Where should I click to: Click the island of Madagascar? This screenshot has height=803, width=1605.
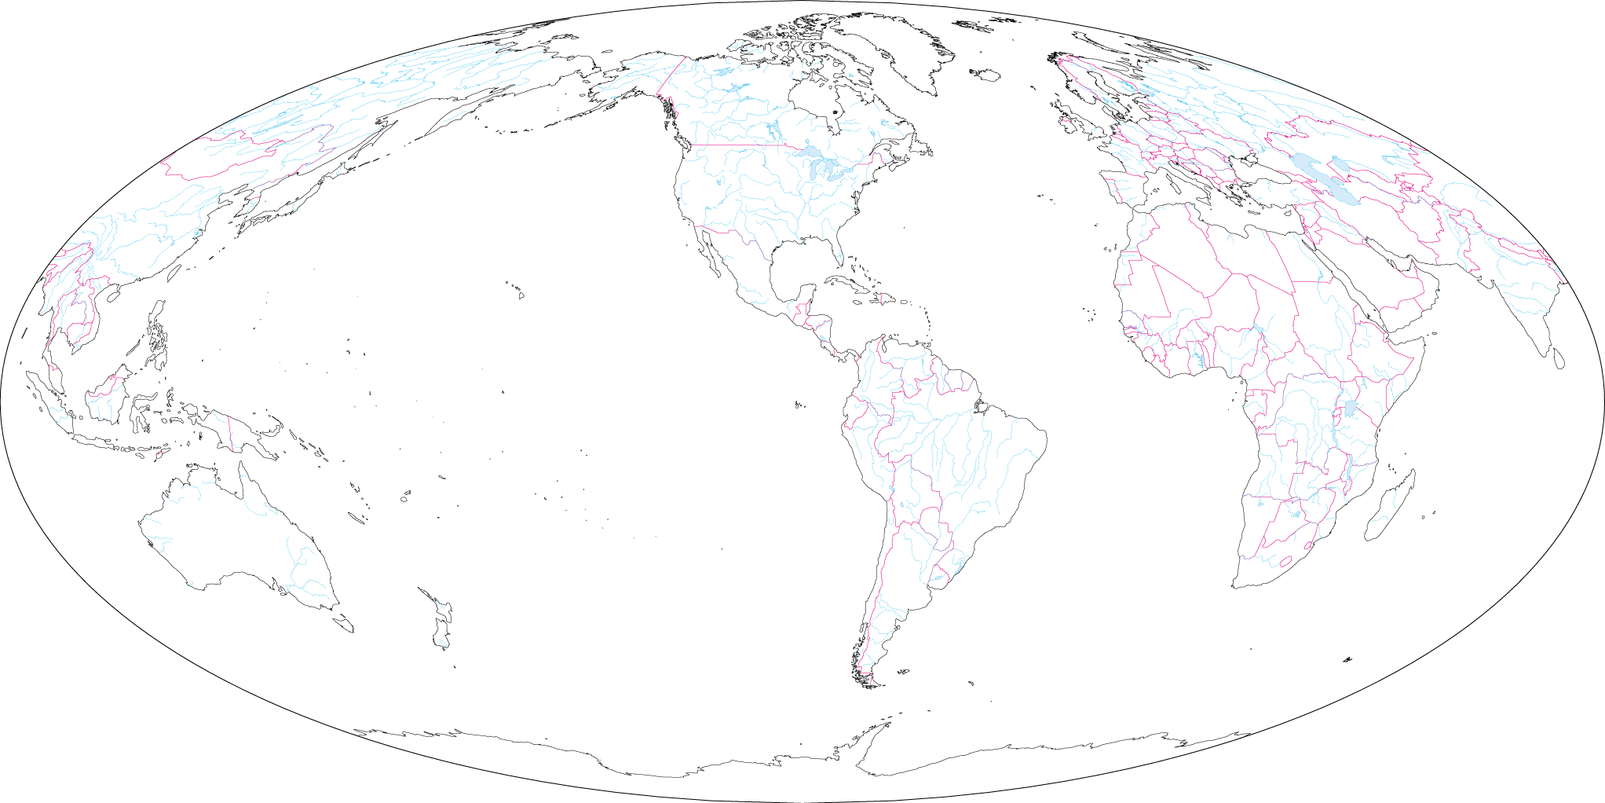tap(1390, 507)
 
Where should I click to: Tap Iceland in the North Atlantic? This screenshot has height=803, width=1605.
tap(986, 75)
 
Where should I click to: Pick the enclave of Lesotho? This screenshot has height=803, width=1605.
tap(1285, 561)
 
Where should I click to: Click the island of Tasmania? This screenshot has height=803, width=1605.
tap(343, 625)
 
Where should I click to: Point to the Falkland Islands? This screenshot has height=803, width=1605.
tap(903, 672)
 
